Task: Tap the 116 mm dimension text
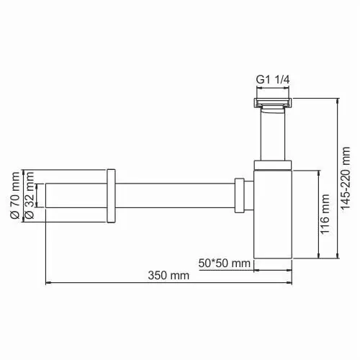[325, 215]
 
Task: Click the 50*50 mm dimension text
[225, 262]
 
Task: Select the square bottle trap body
[273, 216]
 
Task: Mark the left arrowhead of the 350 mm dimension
[48, 283]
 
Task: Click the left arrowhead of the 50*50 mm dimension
[253, 269]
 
